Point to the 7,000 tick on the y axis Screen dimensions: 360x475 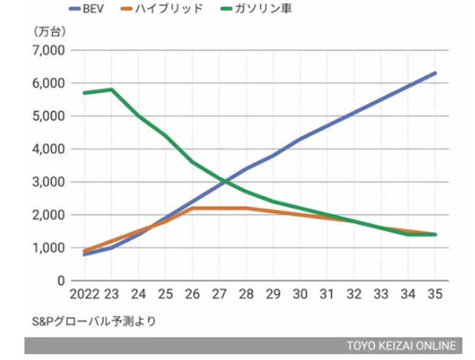coord(48,50)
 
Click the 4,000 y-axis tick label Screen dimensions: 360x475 coord(48,149)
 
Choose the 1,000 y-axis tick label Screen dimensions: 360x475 coord(48,248)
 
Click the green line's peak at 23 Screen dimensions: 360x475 coord(111,89)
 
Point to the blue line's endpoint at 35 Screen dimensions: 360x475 coord(435,73)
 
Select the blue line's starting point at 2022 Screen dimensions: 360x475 coord(84,253)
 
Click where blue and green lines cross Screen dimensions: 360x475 coord(225,181)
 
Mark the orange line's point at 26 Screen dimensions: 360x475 coord(192,208)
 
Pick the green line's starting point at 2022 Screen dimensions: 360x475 coord(84,92)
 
